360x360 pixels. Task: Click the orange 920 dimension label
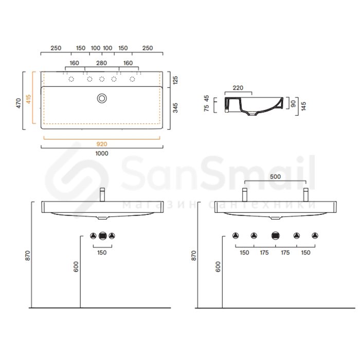coord(102,144)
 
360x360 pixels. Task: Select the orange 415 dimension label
coord(28,99)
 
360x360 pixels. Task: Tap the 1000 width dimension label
coord(102,153)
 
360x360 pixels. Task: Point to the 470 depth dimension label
coord(19,103)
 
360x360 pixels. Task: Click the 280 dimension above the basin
coord(101,63)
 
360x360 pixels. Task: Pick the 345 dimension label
coord(175,108)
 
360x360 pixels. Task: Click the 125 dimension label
coord(175,80)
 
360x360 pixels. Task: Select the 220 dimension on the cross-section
coord(238,88)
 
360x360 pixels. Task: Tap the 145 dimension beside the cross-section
coord(303,106)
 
